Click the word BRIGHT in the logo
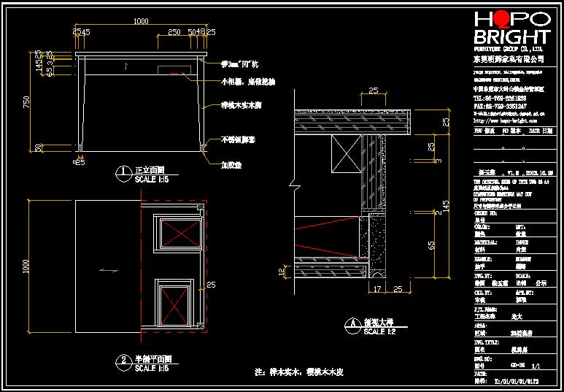[x=511, y=37]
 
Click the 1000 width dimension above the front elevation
[x=142, y=22]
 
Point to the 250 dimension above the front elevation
[x=174, y=32]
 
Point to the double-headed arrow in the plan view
[x=109, y=270]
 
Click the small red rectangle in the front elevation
[x=174, y=73]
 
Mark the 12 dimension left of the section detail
[x=282, y=272]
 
